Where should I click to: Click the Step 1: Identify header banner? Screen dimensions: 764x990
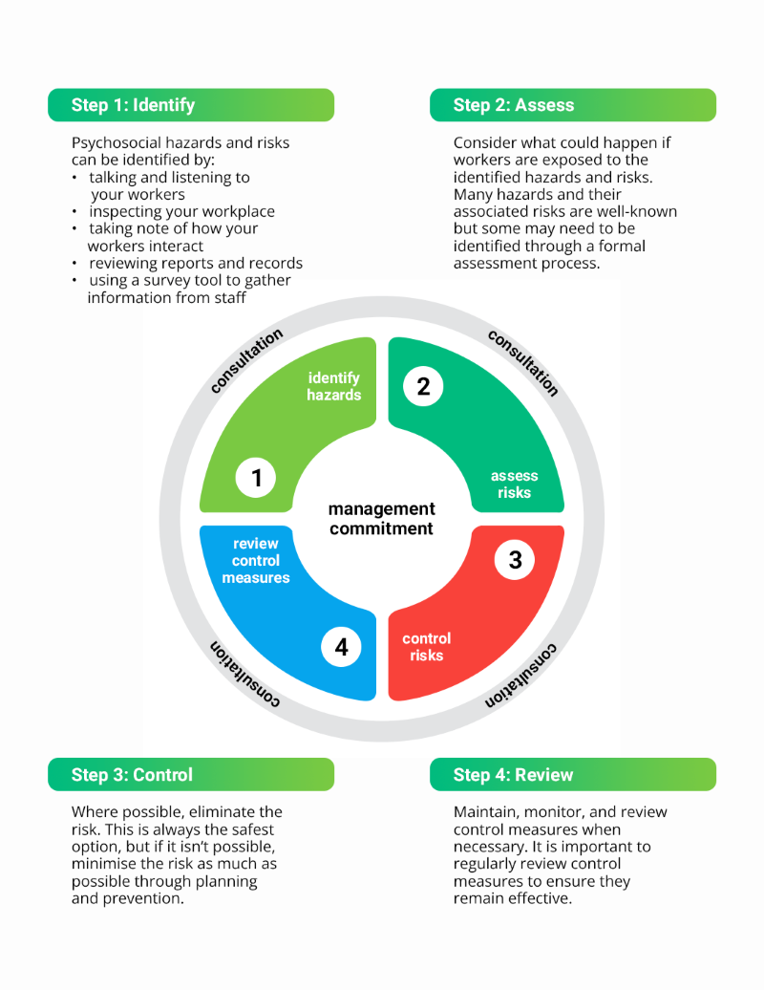click(191, 105)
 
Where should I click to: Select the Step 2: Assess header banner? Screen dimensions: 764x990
click(573, 105)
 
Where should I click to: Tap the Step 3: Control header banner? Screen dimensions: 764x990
click(191, 775)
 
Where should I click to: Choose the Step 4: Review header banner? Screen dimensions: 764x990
click(573, 775)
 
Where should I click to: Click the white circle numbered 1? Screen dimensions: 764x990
click(256, 478)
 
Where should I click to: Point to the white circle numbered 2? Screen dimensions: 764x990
click(423, 386)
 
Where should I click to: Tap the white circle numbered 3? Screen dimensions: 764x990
click(515, 559)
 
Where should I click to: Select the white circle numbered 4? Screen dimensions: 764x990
click(341, 647)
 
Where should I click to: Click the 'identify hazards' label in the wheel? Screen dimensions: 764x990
click(333, 386)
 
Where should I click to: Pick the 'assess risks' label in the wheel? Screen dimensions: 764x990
click(514, 484)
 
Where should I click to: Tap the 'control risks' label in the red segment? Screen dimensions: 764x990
click(427, 647)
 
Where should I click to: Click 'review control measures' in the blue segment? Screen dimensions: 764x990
click(256, 561)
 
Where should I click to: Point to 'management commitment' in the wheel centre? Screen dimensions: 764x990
click(382, 518)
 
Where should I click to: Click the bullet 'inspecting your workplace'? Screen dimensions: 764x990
click(181, 211)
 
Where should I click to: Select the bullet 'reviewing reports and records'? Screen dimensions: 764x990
click(196, 264)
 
